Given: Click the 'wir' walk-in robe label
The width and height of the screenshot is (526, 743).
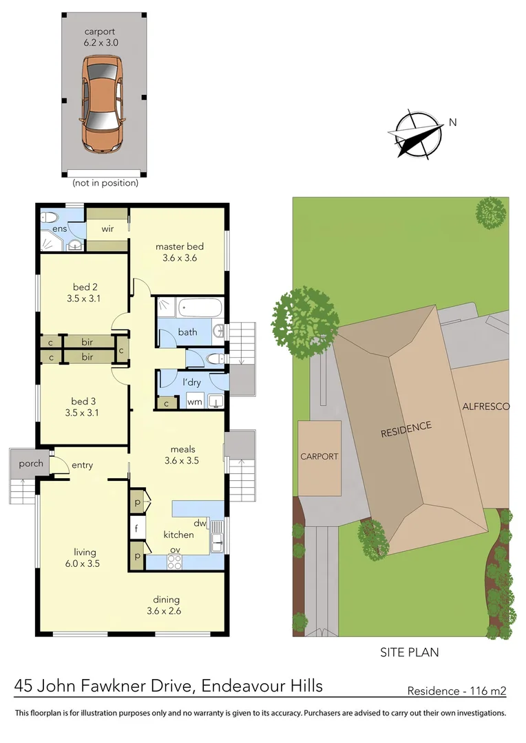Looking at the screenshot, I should [x=107, y=229].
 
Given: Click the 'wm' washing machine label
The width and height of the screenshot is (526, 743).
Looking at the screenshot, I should [x=194, y=402].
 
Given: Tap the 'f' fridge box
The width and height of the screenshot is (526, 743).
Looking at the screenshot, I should [x=137, y=529].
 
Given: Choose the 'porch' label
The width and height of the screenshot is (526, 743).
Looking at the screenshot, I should [x=30, y=463].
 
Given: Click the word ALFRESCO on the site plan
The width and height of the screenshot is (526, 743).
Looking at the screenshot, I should [x=485, y=407].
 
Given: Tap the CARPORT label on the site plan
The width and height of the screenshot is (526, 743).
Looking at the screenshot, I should [x=319, y=457].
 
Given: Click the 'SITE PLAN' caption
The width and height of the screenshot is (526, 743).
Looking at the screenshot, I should [x=410, y=652].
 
